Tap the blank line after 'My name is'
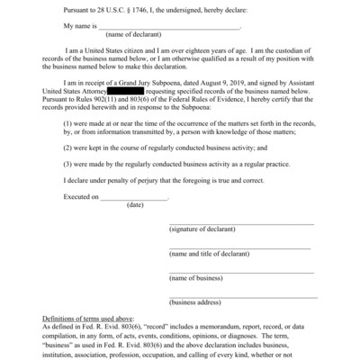(x=171, y=27)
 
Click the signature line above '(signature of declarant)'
(x=241, y=222)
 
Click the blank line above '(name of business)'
(x=241, y=271)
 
